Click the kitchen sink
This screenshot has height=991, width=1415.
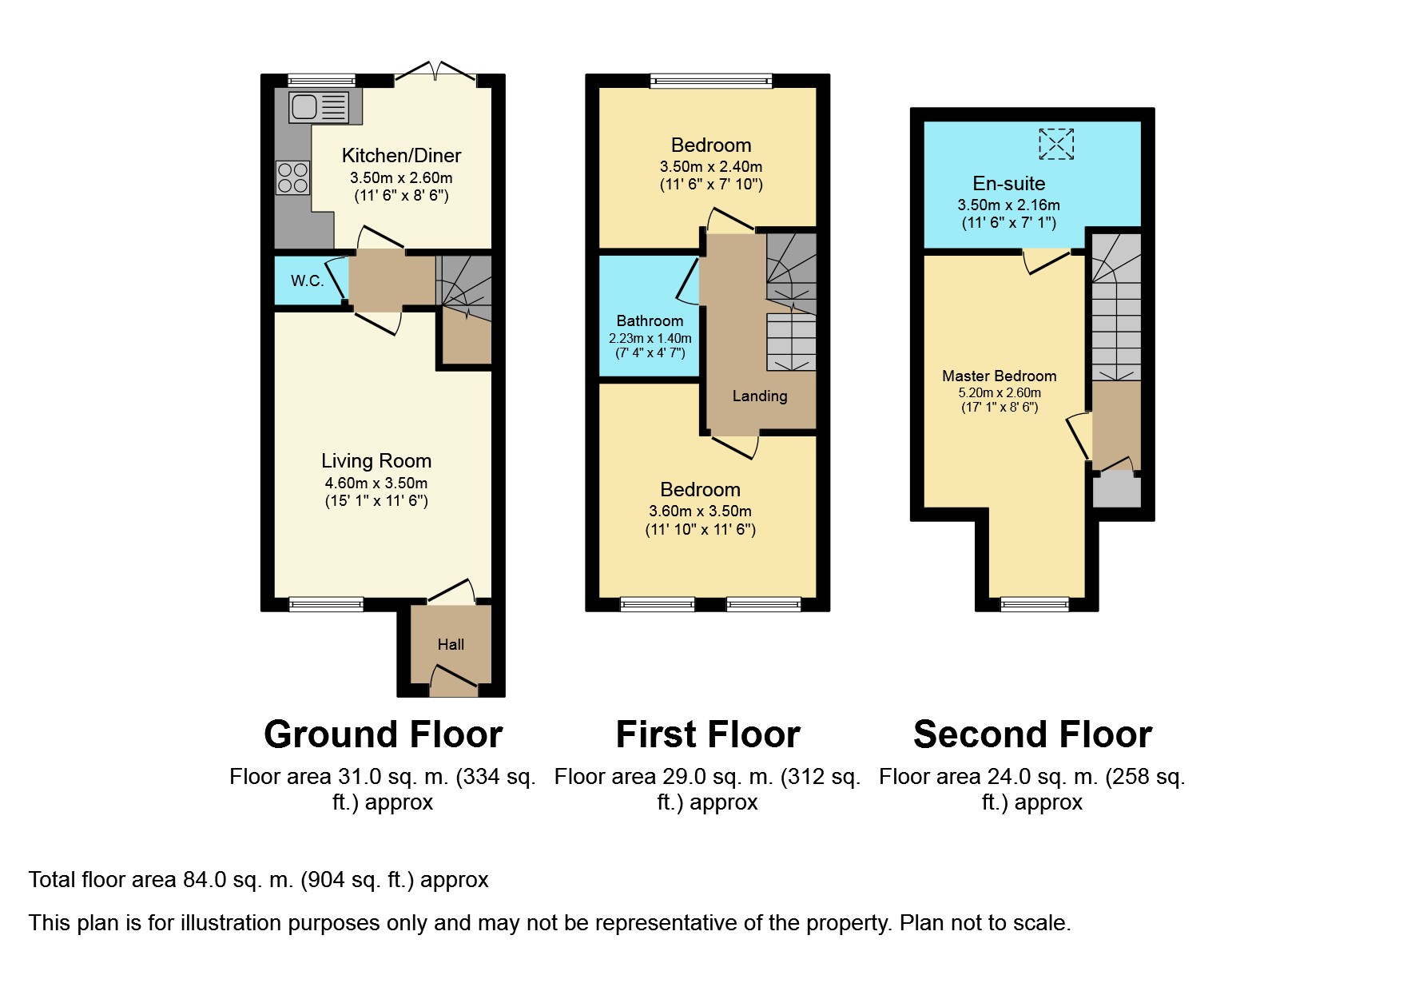319,106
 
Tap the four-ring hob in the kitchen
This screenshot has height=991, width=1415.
292,177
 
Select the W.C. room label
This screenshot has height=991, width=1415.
308,281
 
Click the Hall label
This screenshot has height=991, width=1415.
451,644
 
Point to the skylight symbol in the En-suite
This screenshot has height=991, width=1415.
1056,145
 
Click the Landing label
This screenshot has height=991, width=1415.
760,396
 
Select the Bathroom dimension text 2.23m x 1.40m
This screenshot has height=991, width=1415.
650,338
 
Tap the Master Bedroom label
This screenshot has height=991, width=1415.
1000,376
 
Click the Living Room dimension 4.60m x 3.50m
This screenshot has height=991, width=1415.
376,483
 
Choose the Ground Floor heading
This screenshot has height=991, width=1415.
384,734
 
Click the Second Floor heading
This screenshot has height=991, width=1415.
1032,734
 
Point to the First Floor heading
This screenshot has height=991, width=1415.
708,734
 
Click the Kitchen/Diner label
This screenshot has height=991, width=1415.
402,155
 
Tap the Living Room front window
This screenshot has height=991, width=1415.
326,605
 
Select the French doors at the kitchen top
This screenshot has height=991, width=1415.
435,72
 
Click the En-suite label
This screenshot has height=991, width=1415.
1009,183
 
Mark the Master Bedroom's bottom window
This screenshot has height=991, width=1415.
1035,604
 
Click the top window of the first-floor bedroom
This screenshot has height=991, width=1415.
711,81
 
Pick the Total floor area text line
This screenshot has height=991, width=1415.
259,880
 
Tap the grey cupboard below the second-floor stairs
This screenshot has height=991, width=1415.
1116,490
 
